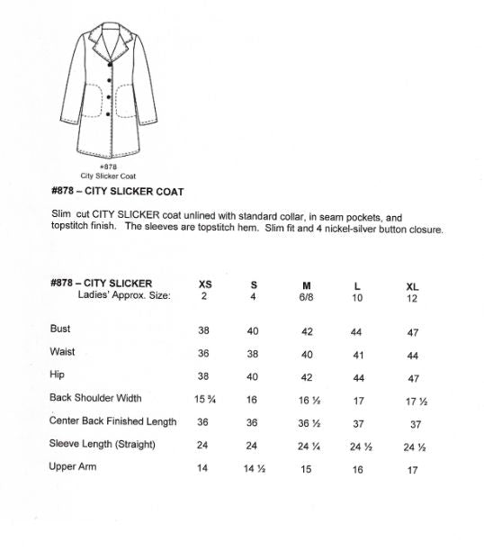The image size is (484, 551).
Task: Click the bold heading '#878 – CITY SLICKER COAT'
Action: [118, 192]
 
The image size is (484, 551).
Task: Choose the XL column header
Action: [413, 285]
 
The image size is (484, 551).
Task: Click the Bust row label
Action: [60, 330]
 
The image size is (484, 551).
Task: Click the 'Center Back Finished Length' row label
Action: [113, 421]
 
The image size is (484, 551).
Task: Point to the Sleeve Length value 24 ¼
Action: [308, 446]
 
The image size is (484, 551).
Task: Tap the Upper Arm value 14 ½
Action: [254, 469]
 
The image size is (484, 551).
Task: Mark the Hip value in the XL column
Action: [413, 377]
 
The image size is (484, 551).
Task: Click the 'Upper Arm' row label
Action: [73, 467]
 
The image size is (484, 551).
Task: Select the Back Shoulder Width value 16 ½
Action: [308, 400]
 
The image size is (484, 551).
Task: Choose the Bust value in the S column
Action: [253, 331]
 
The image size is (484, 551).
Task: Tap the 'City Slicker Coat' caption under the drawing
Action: [108, 176]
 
